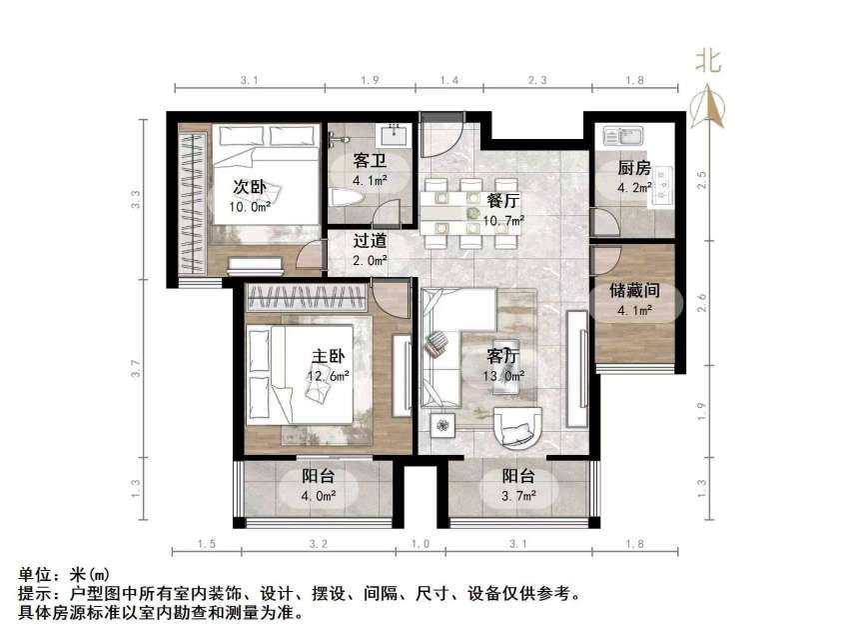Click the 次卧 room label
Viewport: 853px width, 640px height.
[x=250, y=187]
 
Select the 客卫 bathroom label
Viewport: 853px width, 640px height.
[x=369, y=162]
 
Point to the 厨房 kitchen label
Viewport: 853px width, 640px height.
[x=633, y=167]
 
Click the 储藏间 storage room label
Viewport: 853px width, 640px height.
[x=633, y=291]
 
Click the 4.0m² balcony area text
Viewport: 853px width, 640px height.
[x=319, y=495]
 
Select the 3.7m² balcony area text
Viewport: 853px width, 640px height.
[x=518, y=495]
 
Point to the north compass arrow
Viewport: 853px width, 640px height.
[x=710, y=102]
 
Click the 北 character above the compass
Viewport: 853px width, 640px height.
[x=709, y=62]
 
